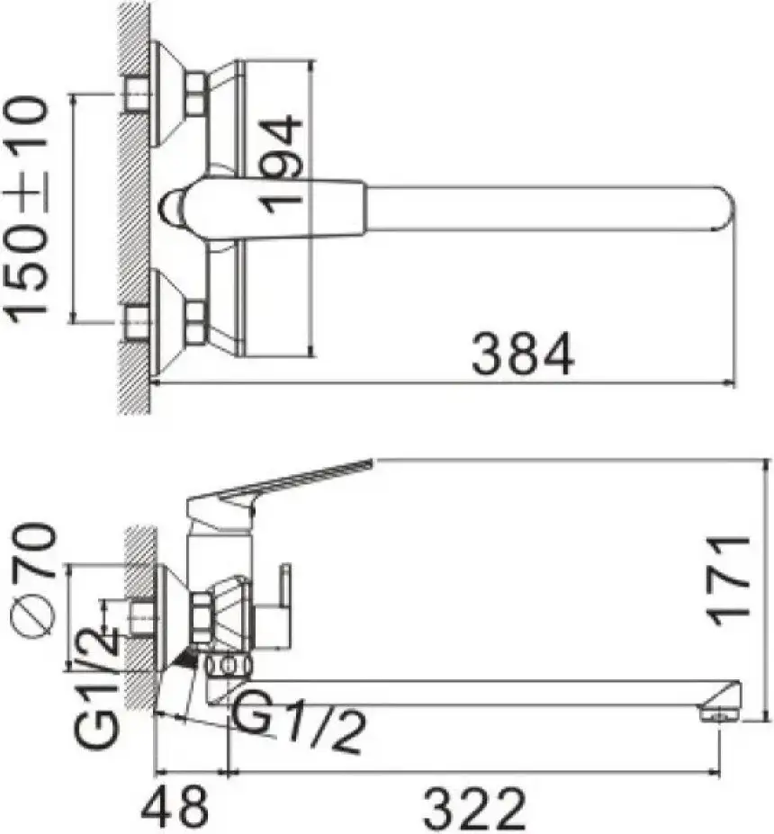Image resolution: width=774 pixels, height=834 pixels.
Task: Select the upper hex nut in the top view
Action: (195, 94)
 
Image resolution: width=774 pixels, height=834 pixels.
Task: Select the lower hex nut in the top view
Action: (195, 323)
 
